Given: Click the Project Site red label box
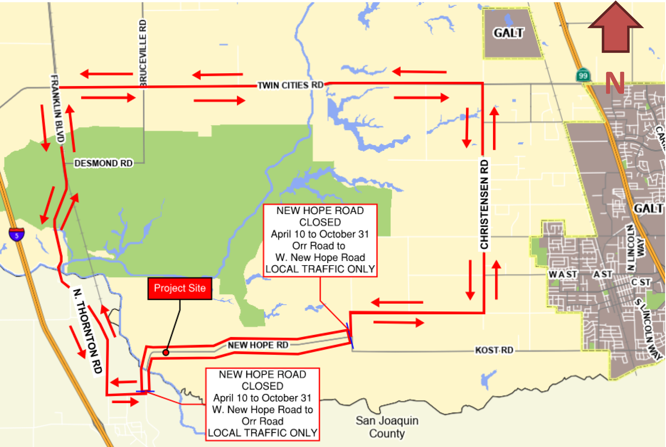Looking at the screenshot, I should pyautogui.click(x=180, y=288).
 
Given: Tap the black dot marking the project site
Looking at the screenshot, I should pyautogui.click(x=166, y=352).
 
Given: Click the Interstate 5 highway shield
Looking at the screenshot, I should pyautogui.click(x=17, y=235).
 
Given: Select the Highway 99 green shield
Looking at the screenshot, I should pyautogui.click(x=583, y=75).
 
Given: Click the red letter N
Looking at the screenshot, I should pyautogui.click(x=615, y=83).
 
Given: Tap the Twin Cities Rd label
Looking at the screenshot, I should pyautogui.click(x=290, y=85).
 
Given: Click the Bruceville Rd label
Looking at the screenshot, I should pyautogui.click(x=143, y=53).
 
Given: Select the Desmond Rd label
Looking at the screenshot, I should pyautogui.click(x=103, y=163).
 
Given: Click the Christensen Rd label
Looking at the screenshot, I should pyautogui.click(x=484, y=204).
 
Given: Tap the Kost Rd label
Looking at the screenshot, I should pyautogui.click(x=494, y=350).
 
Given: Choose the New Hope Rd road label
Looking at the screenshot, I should pyautogui.click(x=258, y=345).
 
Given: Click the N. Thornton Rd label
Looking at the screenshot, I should pyautogui.click(x=88, y=331).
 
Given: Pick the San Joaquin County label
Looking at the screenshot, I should pyautogui.click(x=387, y=427).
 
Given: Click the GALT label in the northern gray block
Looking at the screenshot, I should pyautogui.click(x=508, y=33).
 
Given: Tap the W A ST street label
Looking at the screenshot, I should pyautogui.click(x=563, y=274).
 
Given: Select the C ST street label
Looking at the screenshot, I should pyautogui.click(x=641, y=282).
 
